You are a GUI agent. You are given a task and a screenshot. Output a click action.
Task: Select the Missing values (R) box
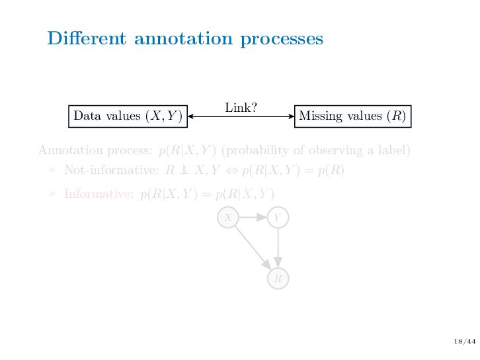pos(352,116)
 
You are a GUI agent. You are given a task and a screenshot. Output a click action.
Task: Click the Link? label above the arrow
pos(241,107)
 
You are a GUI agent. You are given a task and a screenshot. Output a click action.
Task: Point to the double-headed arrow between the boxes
pos(241,116)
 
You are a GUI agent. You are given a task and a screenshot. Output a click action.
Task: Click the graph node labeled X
pos(228,217)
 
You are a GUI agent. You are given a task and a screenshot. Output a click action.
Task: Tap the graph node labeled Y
pos(278,217)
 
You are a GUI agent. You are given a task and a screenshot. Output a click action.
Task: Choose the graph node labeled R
pos(278,279)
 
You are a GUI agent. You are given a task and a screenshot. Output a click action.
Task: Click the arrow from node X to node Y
pos(253,217)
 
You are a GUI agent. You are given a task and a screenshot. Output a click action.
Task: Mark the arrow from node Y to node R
pos(278,247)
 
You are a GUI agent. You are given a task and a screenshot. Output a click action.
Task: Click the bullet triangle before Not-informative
pos(54,170)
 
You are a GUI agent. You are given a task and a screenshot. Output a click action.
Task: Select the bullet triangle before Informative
pos(54,194)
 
